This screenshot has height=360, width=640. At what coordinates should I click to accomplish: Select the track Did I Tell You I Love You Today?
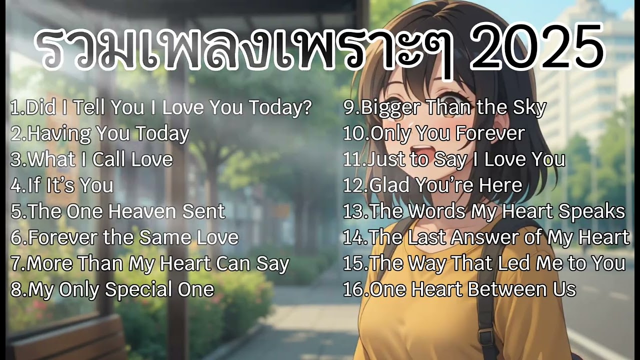[161, 107]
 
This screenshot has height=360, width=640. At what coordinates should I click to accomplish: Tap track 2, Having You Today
[100, 133]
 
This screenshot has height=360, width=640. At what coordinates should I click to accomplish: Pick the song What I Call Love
[91, 159]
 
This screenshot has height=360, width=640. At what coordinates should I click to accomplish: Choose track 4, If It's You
[62, 185]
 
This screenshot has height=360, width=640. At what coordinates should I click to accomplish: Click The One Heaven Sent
[118, 211]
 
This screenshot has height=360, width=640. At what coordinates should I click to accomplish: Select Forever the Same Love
[124, 237]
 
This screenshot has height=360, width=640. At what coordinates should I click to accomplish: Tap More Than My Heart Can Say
[150, 263]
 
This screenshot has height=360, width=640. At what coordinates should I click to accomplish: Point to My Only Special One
[112, 289]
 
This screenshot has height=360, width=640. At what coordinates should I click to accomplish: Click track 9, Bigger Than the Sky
[444, 107]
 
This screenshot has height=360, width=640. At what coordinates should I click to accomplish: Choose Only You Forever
[434, 133]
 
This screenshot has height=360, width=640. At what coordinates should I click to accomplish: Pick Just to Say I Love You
[454, 159]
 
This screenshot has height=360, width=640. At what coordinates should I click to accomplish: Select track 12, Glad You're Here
[432, 185]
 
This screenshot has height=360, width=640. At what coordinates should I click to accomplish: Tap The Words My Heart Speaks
[484, 211]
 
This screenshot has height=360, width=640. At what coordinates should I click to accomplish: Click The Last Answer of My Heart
[486, 237]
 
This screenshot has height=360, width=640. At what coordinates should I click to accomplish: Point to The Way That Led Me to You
[484, 263]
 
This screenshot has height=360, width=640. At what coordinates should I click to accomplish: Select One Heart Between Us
[459, 289]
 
